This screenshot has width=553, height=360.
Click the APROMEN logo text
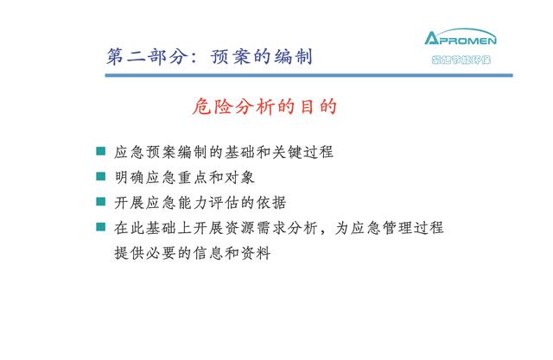pos(461,37)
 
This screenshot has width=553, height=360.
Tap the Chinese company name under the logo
pos(461,60)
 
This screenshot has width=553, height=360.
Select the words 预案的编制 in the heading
pos(261,56)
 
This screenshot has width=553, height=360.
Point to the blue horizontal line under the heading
pos(309,75)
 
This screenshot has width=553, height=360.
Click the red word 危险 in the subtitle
pos(212,106)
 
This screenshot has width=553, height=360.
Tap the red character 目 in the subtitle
pos(308,106)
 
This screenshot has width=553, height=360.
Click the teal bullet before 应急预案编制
pos(101,151)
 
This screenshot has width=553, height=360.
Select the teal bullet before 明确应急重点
pos(101,176)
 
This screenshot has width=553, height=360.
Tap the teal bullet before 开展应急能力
pos(101,201)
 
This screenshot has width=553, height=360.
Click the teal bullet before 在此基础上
pos(101,227)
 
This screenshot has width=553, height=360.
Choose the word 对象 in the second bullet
pos(239,177)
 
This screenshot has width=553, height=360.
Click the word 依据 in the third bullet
pos(271,203)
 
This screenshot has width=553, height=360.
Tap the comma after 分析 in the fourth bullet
pos(323,232)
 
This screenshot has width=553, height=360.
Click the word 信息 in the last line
pos(208,253)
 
